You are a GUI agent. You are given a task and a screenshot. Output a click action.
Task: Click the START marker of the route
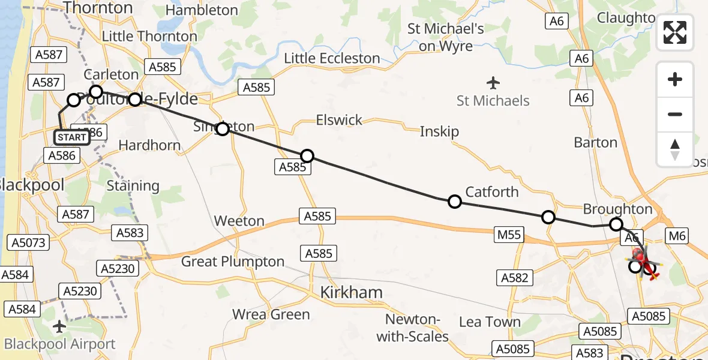(x=72, y=137)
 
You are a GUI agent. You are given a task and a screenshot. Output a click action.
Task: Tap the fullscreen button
(x=675, y=32)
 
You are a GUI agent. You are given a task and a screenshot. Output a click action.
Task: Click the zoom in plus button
(x=675, y=79)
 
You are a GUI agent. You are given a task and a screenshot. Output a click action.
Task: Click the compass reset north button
(x=675, y=149)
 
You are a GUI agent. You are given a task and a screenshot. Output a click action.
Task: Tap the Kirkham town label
(x=351, y=292)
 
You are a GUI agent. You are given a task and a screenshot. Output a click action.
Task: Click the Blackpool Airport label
(x=59, y=344)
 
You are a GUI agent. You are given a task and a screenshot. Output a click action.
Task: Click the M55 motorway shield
(x=509, y=235)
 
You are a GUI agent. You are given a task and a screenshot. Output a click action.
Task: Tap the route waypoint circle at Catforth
(x=455, y=202)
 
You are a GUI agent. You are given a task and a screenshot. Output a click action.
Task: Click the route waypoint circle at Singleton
(x=223, y=129)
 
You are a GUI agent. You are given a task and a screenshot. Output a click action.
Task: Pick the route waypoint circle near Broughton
(x=616, y=225)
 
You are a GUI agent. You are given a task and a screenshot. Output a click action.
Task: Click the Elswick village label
(x=339, y=120)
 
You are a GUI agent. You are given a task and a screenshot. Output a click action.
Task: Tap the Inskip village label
(x=439, y=131)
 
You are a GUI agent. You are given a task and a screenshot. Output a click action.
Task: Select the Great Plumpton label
(x=233, y=262)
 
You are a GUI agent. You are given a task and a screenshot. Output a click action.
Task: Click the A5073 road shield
(x=26, y=242)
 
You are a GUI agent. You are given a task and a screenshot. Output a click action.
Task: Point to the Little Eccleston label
(x=332, y=58)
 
